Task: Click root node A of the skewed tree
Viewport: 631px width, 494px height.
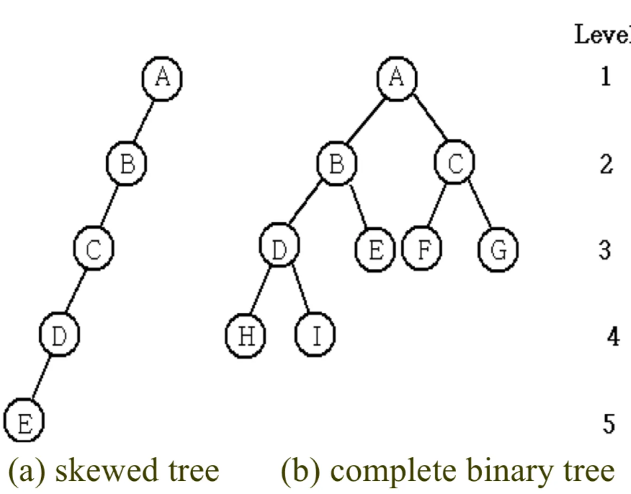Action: pos(163,76)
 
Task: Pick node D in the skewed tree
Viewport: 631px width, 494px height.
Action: pos(58,334)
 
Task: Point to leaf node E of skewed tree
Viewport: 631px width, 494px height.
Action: pos(24,421)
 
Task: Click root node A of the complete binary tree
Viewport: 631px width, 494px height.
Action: pos(396,76)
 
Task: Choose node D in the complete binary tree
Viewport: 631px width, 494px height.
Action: pos(279,249)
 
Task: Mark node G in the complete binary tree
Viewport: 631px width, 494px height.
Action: pos(498,250)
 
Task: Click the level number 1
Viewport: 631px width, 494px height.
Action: pos(605,76)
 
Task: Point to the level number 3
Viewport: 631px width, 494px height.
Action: pos(605,250)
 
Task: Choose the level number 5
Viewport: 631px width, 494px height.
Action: pos(609,424)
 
